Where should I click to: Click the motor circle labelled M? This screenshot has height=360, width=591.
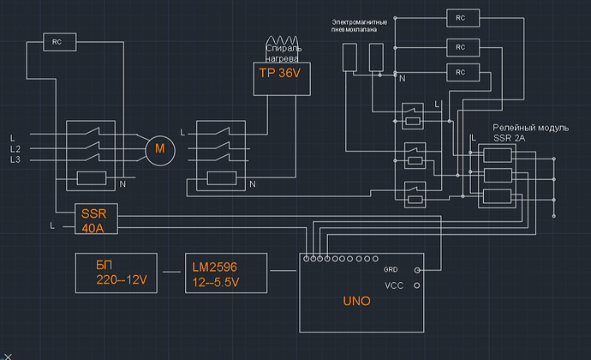point(159,151)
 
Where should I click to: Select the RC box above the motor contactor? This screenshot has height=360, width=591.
point(57,40)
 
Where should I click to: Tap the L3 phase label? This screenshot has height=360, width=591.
point(15,160)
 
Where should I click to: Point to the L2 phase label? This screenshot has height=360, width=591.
point(15,149)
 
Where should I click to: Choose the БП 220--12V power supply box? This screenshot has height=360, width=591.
point(117,272)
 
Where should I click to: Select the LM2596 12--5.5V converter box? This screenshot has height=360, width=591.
point(226,272)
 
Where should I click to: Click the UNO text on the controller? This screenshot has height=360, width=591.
point(356,302)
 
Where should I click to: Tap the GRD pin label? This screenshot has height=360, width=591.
point(391,269)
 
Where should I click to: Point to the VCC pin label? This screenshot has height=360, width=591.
point(394,285)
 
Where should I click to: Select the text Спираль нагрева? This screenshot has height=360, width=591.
point(283,53)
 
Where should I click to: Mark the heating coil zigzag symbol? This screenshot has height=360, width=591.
point(282,40)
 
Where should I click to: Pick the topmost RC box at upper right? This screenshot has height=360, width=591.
point(460,17)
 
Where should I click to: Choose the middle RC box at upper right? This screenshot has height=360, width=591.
point(460,45)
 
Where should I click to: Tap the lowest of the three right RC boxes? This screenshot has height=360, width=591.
point(460,70)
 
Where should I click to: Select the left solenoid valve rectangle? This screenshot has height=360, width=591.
point(349,57)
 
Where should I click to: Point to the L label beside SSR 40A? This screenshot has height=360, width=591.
point(53,226)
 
